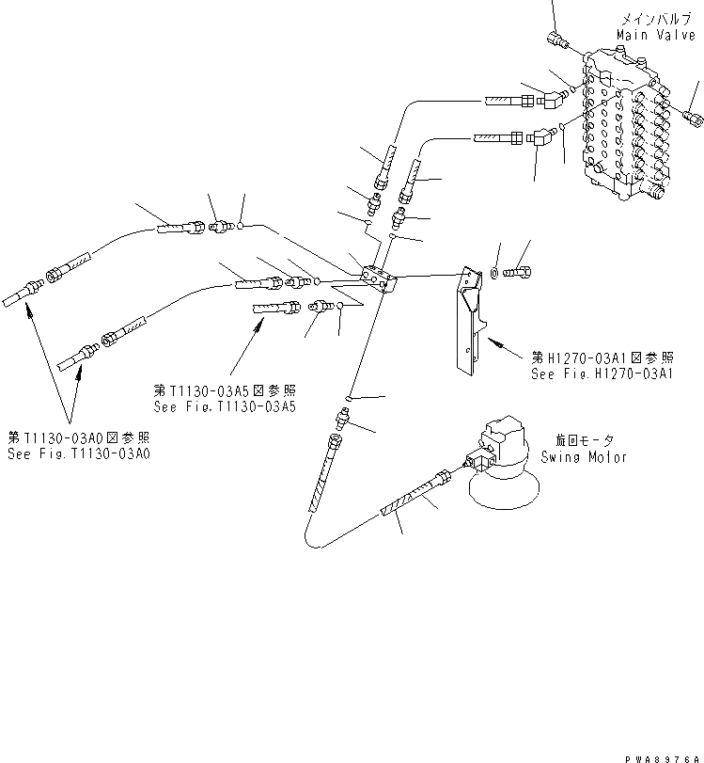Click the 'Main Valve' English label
(647, 34)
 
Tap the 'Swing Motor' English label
(584, 457)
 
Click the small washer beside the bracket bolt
(494, 274)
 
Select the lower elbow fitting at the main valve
(544, 139)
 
